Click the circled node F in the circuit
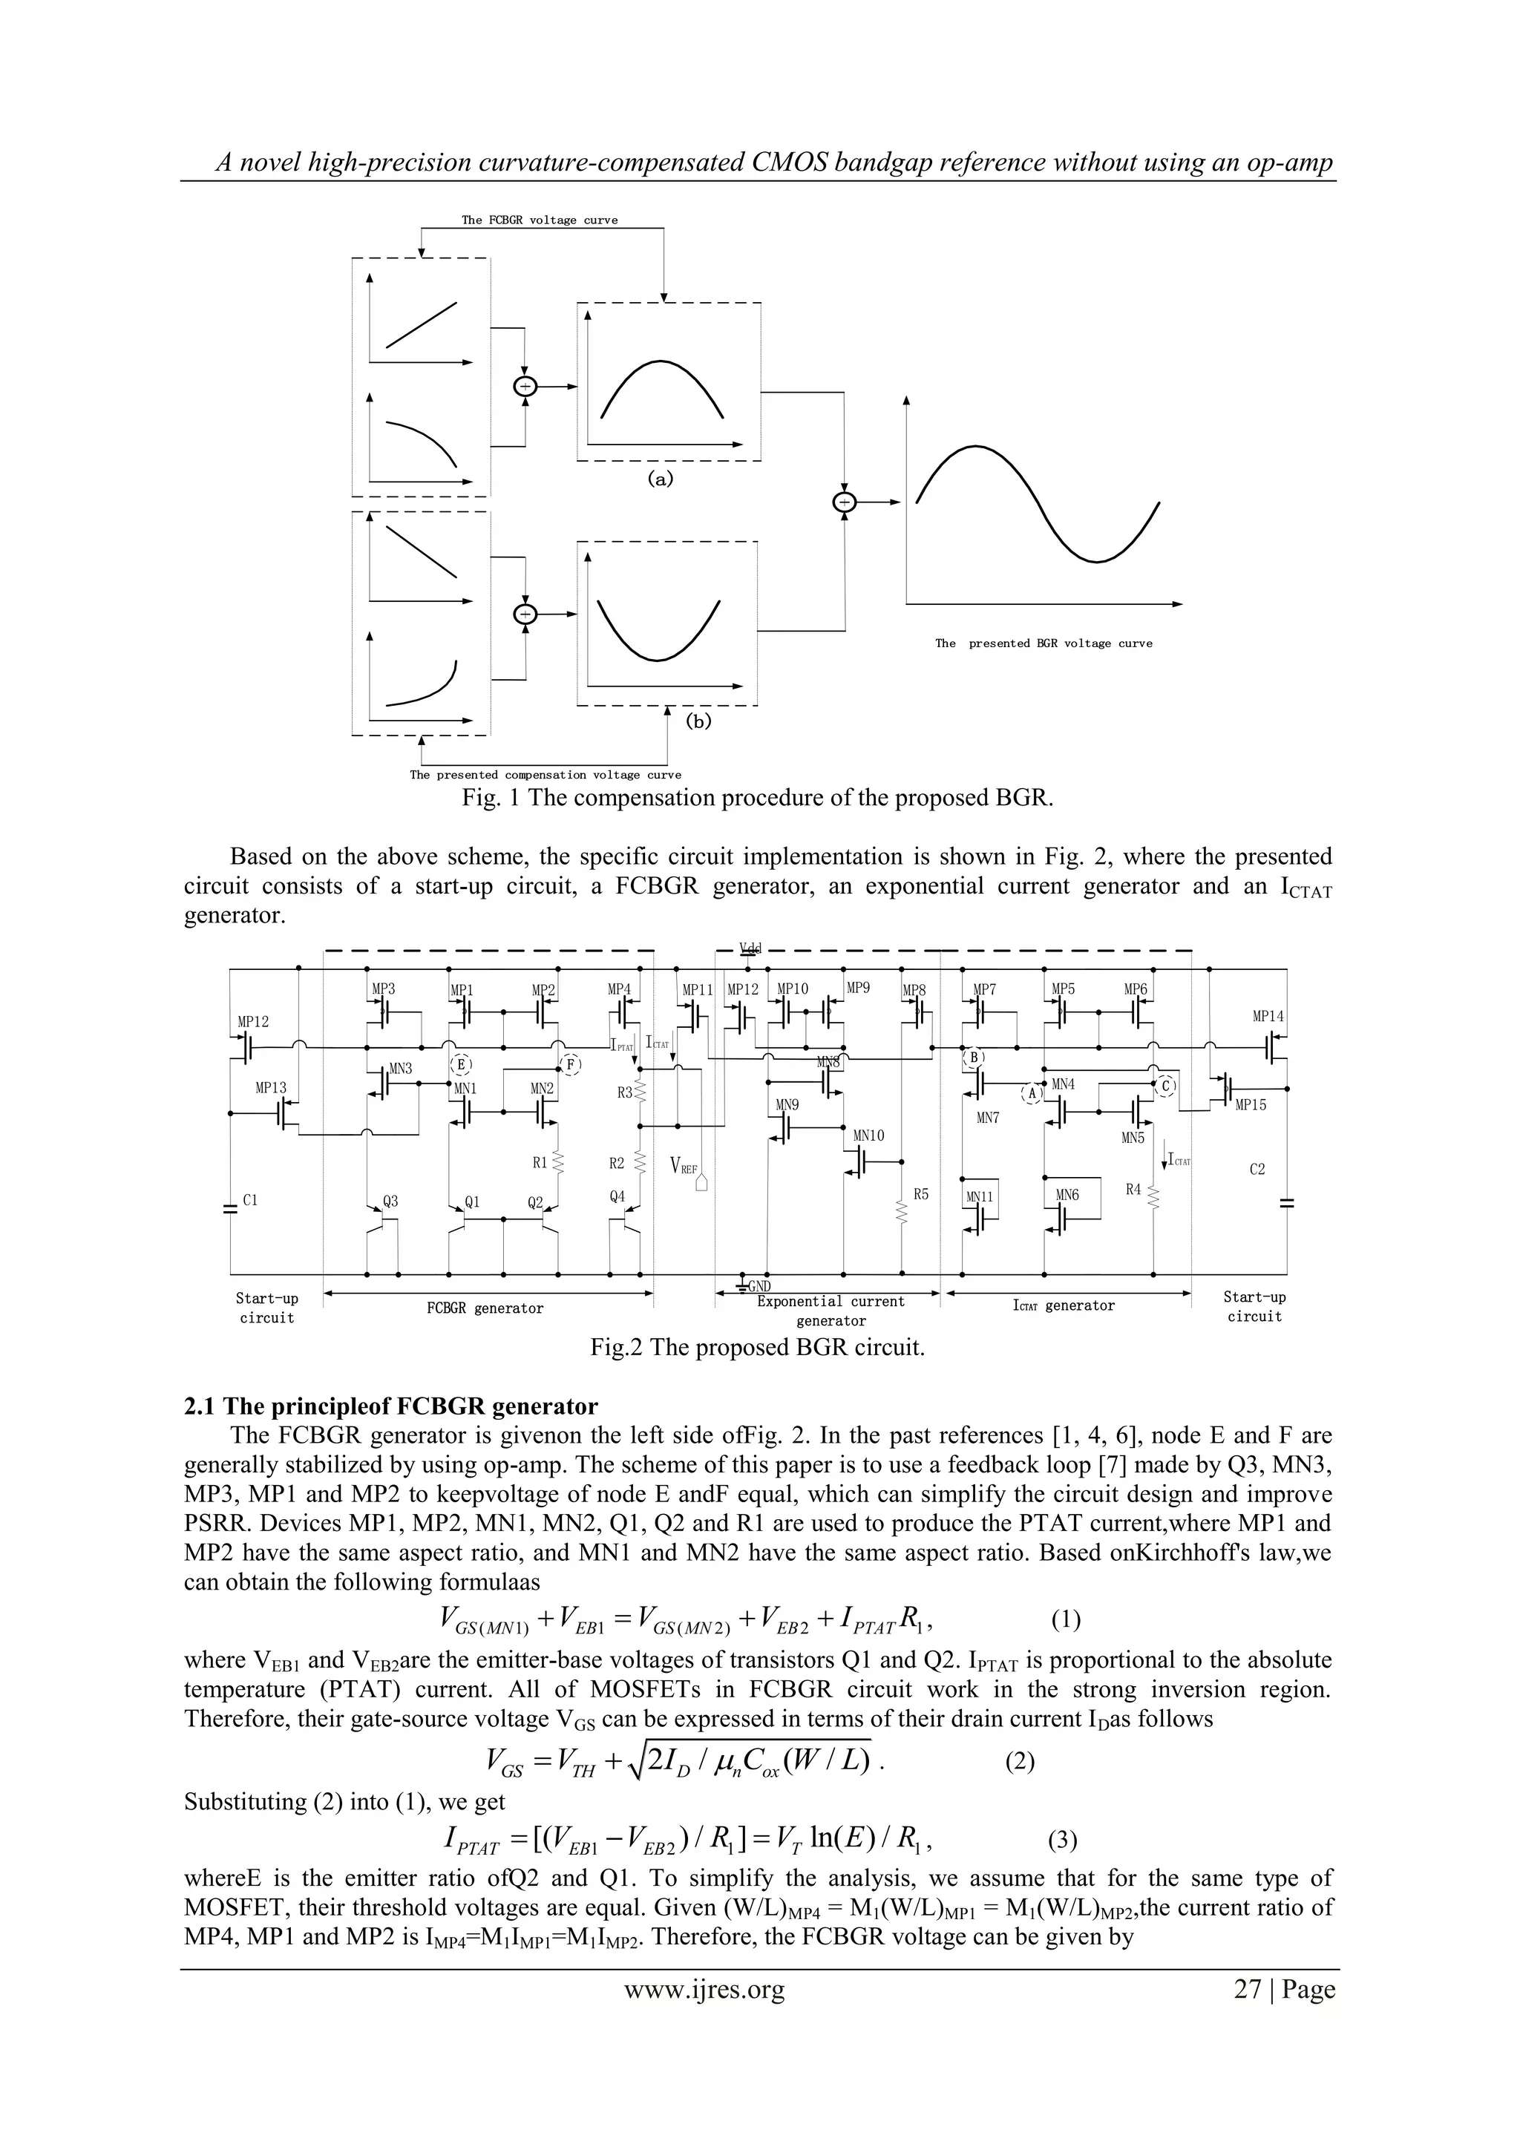[571, 1065]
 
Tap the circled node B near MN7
[974, 1058]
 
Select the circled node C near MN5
[1166, 1085]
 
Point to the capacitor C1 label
[250, 1199]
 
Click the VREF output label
[684, 1167]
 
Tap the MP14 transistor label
[1268, 1016]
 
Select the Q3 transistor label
[390, 1202]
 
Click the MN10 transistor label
[868, 1135]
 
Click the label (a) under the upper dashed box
[661, 479]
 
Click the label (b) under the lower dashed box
[698, 721]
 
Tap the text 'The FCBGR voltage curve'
[540, 220]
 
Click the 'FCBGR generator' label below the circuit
[485, 1308]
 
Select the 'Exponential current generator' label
[831, 1311]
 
